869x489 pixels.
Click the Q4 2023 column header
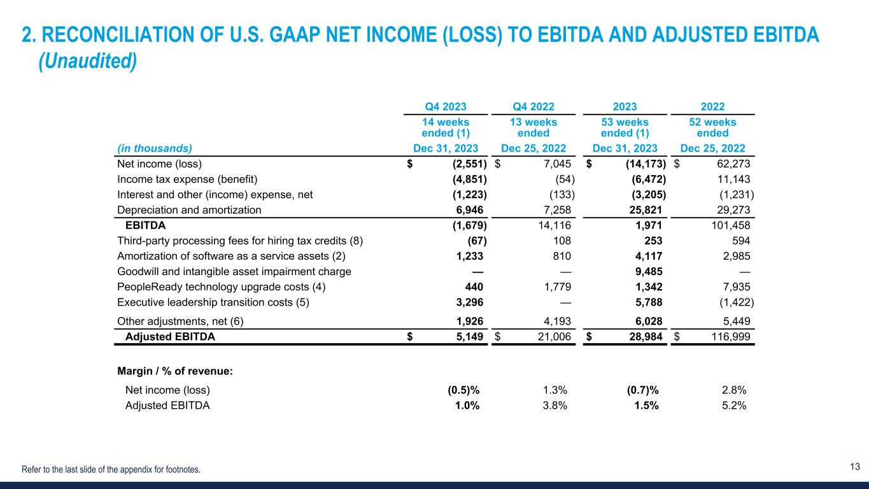(445, 107)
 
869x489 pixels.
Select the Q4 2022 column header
(535, 107)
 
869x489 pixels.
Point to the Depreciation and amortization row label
(189, 209)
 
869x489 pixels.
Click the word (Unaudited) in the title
(88, 62)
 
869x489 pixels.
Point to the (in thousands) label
(155, 148)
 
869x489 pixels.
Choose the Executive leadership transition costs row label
(213, 303)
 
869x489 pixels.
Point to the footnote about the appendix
(111, 470)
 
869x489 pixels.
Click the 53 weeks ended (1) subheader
(625, 127)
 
